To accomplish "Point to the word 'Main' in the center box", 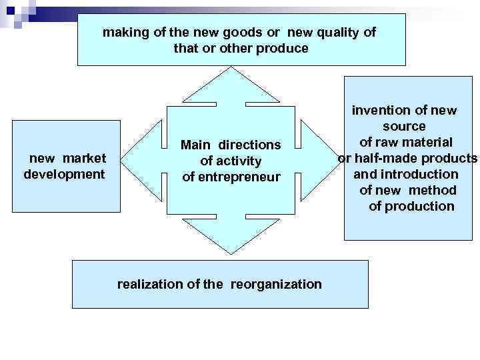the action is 195,145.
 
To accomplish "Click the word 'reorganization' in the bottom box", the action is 276,285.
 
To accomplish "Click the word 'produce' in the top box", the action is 285,49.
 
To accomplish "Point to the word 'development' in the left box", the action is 64,175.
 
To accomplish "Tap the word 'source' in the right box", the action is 404,127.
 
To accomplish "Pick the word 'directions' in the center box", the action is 249,145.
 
